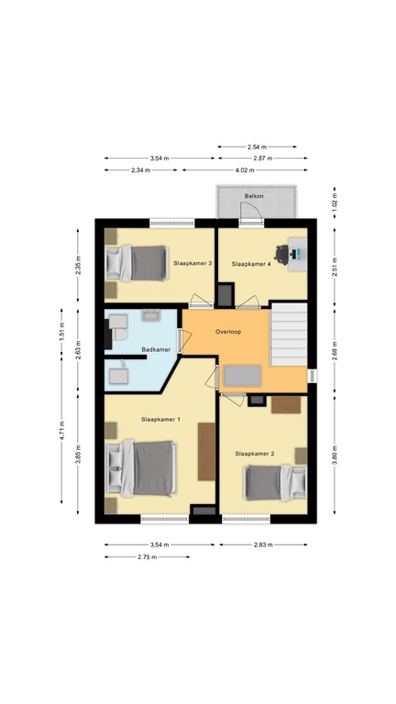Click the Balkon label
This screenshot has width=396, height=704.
point(254,196)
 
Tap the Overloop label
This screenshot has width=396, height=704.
point(228,332)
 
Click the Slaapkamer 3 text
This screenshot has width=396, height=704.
point(192,264)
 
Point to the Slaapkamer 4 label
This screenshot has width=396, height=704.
point(251,264)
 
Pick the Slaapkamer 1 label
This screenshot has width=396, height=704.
point(160,419)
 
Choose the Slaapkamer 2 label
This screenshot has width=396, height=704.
point(255,454)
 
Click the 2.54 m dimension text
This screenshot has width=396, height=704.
point(257,147)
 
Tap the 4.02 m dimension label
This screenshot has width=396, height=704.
point(245,170)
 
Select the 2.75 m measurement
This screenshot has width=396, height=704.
point(147,556)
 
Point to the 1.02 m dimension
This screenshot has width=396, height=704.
point(335,203)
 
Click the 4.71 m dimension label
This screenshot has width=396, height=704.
point(61,431)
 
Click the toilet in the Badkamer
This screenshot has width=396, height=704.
point(119,335)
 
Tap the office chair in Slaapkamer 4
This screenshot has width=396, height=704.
point(282,255)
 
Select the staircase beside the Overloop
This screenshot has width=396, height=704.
point(288,335)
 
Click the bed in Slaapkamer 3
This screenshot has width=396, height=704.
point(136,263)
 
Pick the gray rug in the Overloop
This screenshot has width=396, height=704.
point(242,376)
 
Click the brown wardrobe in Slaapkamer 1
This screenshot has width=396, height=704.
point(206,451)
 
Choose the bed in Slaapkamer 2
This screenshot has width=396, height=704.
point(275,483)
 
